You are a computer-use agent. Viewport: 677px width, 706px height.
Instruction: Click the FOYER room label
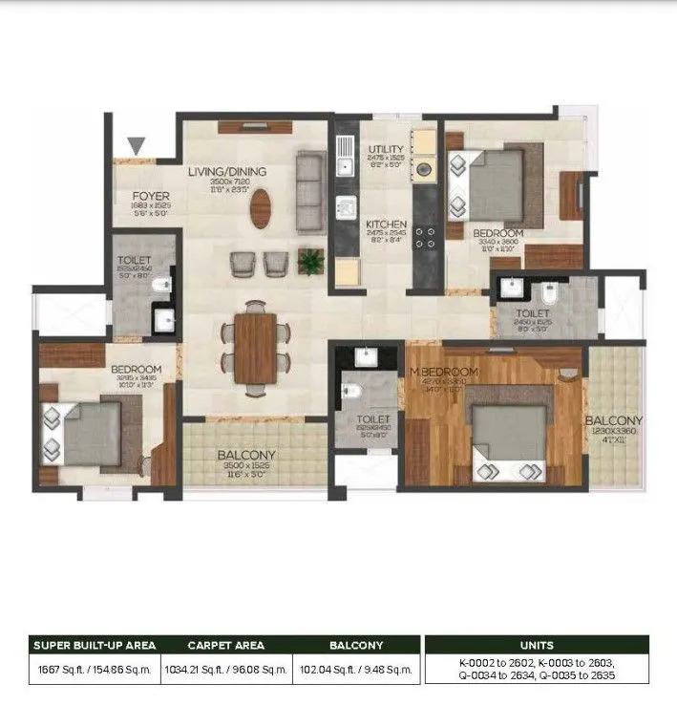(x=151, y=197)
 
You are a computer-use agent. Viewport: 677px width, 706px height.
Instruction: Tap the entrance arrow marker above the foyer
(x=138, y=146)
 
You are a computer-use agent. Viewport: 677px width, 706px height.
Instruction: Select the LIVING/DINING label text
(x=226, y=172)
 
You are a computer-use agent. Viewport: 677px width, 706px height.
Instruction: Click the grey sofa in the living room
(x=308, y=191)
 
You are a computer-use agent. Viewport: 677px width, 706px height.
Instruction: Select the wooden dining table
(x=255, y=347)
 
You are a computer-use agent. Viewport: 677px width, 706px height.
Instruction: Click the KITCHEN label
(x=387, y=226)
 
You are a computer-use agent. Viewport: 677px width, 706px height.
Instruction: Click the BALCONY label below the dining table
(x=246, y=456)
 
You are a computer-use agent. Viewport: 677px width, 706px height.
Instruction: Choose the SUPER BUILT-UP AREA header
(x=93, y=645)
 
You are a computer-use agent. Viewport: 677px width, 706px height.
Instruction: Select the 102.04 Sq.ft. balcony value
(x=355, y=670)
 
